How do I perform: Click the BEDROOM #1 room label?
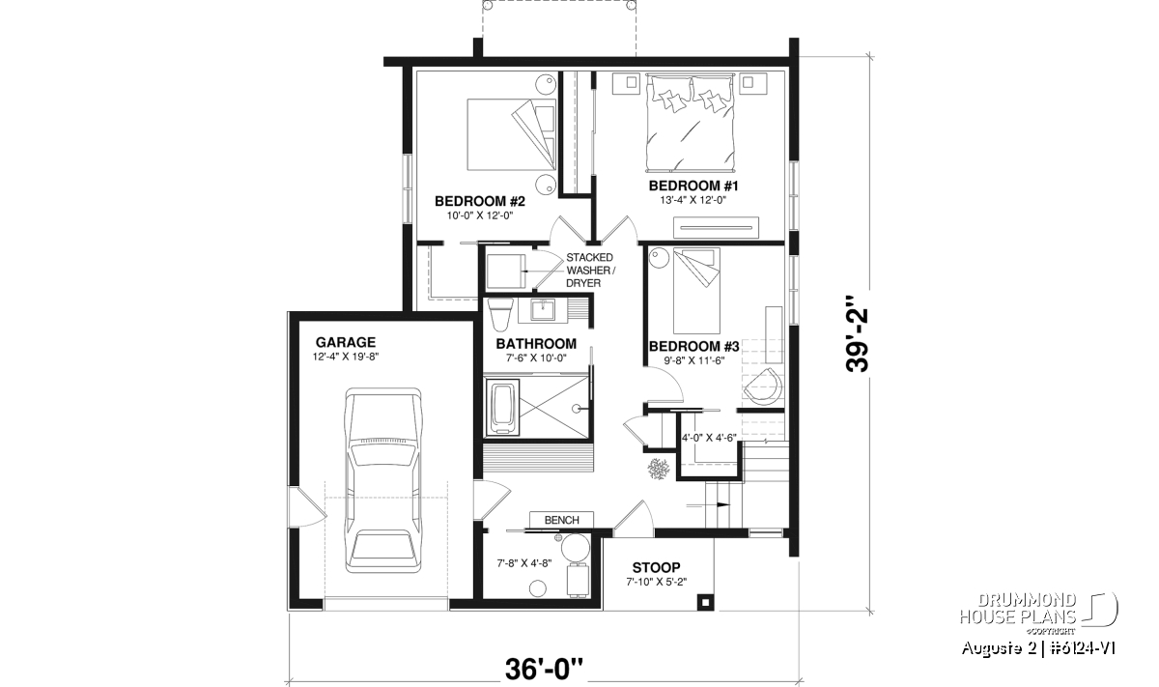click(x=693, y=186)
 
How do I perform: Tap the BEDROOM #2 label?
click(x=480, y=201)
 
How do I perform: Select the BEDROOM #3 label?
click(x=693, y=346)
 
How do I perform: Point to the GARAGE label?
click(x=346, y=342)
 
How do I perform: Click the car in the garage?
click(x=382, y=480)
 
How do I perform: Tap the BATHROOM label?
click(x=536, y=344)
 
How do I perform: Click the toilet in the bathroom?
click(x=499, y=315)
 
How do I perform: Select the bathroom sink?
click(x=543, y=309)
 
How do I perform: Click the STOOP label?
click(x=656, y=567)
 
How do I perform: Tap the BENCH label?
click(x=561, y=520)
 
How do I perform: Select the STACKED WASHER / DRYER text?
click(x=591, y=271)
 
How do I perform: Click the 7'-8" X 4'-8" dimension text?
click(x=524, y=563)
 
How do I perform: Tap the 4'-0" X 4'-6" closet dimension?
click(x=709, y=438)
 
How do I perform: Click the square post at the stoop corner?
click(x=705, y=602)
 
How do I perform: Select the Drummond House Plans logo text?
click(x=1018, y=609)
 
